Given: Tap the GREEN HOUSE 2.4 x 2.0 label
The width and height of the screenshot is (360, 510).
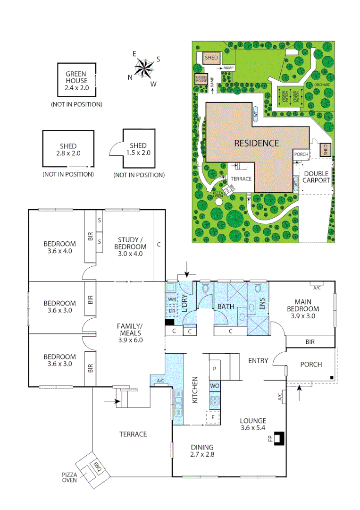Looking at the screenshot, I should click(76, 81).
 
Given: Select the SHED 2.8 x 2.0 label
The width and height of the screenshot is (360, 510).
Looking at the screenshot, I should click(68, 150).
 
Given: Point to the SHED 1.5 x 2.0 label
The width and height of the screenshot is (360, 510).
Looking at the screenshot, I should click(138, 149).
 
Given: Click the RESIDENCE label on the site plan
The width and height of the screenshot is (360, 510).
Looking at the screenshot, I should click(257, 143).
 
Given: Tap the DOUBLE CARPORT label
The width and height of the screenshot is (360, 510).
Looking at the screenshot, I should click(316, 177).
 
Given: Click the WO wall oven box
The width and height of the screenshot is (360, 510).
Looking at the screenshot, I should click(215, 386).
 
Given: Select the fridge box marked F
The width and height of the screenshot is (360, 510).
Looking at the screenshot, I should click(213, 417).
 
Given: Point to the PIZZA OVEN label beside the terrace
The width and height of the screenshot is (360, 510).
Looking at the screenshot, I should click(69, 477).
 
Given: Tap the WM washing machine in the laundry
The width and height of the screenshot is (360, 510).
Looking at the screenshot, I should click(172, 299).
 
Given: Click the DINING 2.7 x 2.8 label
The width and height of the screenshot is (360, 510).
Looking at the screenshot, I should click(202, 450).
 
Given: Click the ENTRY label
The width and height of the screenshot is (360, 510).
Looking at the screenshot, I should click(258, 361).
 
